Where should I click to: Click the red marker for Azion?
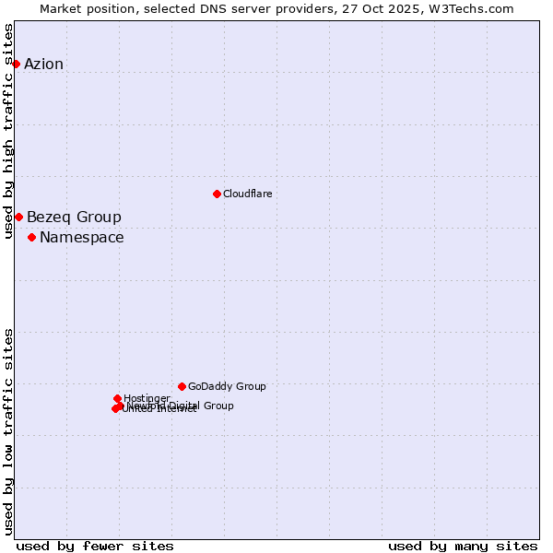point(16,64)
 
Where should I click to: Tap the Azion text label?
point(43,64)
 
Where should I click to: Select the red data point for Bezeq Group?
point(18,217)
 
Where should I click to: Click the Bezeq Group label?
point(74,218)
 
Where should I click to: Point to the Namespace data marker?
point(31,237)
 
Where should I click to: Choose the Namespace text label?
point(81,238)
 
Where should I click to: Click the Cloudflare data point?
point(217,194)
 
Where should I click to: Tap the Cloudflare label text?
point(247,194)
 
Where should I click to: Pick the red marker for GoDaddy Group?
point(182,386)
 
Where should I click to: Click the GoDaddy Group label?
point(227,387)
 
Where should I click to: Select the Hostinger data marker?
point(117,398)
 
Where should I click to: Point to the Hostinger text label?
point(147,398)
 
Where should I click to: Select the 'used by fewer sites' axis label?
point(95,547)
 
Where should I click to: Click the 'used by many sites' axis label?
point(463,547)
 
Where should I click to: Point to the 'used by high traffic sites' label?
point(9,131)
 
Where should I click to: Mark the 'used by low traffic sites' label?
point(9,430)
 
